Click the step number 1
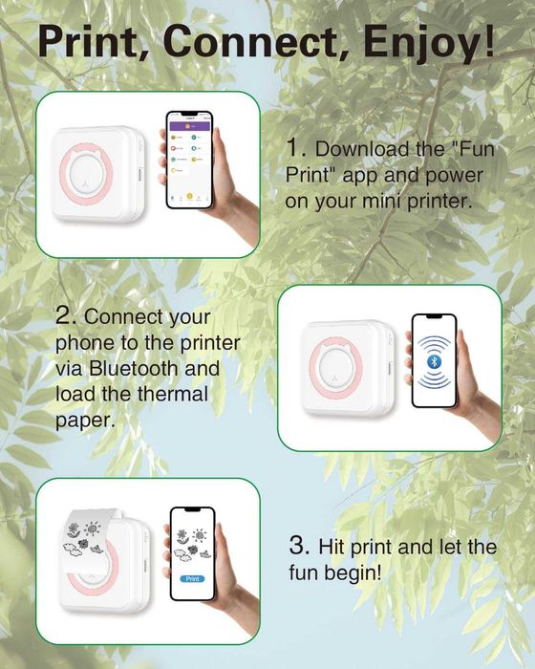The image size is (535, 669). pos(294,147)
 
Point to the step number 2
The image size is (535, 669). pos(64,315)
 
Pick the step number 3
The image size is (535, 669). pos(298,546)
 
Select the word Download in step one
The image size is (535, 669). pos(362,148)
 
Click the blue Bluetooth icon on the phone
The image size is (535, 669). pos(434,362)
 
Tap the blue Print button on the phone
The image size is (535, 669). pos(192,578)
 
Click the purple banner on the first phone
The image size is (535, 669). pos(190,126)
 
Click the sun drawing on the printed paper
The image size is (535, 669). pos(92,529)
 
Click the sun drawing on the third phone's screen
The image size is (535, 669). pos(200,534)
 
